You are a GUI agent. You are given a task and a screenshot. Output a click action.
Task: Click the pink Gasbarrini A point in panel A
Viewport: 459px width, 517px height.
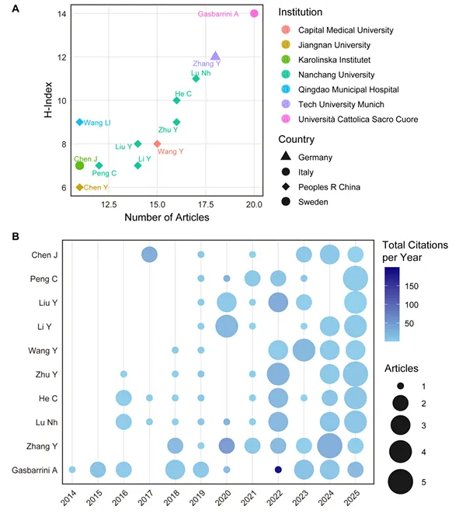[x=254, y=13]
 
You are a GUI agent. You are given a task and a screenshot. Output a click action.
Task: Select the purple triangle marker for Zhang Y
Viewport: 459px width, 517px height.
[x=215, y=56]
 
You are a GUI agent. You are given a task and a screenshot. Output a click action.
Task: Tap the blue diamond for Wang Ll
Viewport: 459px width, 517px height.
[x=79, y=122]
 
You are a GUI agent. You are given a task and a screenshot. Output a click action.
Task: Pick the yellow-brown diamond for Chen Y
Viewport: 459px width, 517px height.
[x=79, y=187]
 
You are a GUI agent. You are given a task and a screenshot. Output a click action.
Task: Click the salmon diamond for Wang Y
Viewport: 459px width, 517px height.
[x=157, y=144]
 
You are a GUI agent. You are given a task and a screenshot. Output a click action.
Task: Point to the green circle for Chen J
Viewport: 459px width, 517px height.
[x=79, y=165]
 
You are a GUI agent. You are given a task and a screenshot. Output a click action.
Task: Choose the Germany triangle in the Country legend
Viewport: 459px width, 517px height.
[x=286, y=156]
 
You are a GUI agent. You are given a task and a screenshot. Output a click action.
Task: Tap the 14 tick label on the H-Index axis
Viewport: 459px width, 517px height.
[x=61, y=14]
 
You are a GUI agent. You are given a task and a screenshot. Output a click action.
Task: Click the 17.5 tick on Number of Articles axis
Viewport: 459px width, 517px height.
[x=206, y=204]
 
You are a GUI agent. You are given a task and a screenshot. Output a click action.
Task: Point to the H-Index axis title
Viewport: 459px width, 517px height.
[x=48, y=100]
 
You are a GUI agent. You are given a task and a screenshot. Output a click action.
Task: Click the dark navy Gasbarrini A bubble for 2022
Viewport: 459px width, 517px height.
[x=278, y=470]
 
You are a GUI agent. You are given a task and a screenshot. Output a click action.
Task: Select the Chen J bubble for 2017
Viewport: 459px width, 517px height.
[x=149, y=255]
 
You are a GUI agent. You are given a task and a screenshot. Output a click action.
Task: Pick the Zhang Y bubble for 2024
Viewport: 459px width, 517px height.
[x=329, y=446]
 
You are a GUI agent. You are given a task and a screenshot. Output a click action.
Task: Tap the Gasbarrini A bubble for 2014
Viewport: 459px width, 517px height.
[x=72, y=470]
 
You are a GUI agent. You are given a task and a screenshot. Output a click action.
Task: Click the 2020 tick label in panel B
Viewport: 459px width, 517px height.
[x=224, y=498]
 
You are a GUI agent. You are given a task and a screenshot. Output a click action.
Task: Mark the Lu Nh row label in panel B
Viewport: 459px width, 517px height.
[x=47, y=422]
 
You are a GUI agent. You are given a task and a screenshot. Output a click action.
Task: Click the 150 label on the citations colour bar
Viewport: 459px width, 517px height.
[x=412, y=286]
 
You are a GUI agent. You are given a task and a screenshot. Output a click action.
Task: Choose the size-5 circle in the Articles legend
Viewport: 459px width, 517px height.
[x=400, y=481]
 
